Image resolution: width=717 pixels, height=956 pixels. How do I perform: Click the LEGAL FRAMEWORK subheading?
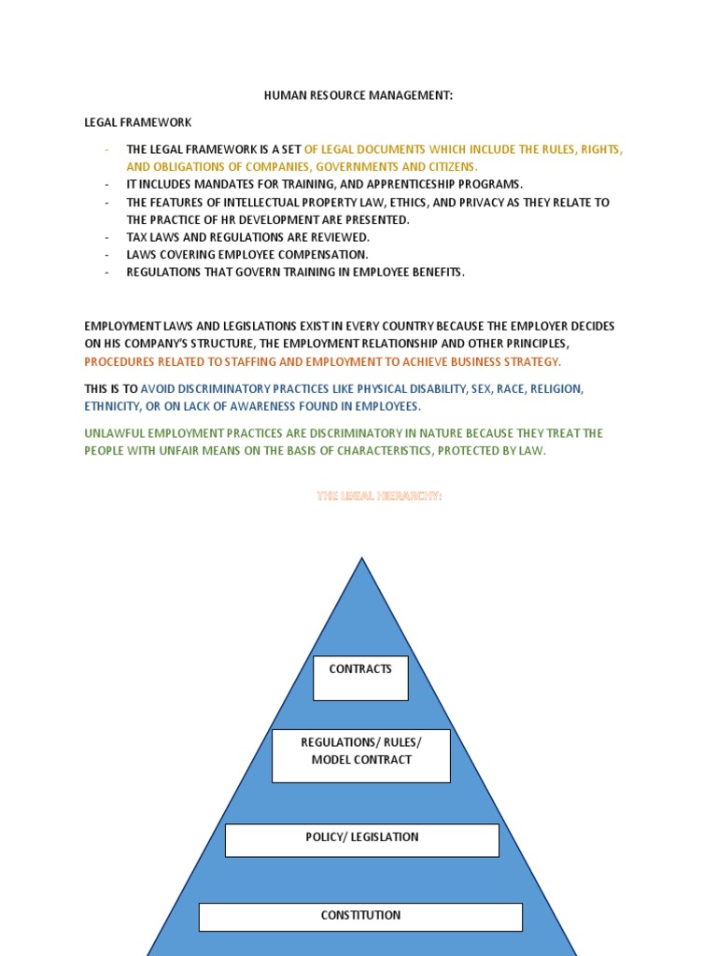coord(138,122)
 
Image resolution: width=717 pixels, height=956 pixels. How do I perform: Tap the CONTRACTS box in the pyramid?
coord(360,678)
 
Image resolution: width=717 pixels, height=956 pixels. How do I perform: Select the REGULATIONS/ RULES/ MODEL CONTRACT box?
coord(360,755)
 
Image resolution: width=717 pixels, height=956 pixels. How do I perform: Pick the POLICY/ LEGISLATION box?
coord(361,839)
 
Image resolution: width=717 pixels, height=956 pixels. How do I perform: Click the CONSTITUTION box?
coord(360,916)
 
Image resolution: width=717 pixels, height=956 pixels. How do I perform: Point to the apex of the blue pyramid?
coord(361,560)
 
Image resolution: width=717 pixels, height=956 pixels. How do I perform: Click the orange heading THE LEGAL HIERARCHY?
coord(379,496)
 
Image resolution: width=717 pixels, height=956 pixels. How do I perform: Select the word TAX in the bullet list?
coord(137,237)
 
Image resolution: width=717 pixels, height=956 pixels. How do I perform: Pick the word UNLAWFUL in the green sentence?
coord(114,433)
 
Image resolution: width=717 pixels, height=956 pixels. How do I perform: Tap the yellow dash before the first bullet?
coord(107,149)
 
